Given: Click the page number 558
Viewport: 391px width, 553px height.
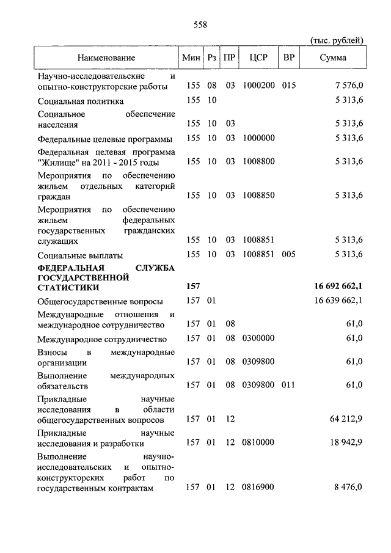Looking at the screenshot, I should [x=200, y=24].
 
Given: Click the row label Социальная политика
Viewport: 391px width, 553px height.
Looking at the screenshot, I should [x=81, y=101].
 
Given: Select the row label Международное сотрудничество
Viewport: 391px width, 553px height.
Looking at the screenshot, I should [x=102, y=339].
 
